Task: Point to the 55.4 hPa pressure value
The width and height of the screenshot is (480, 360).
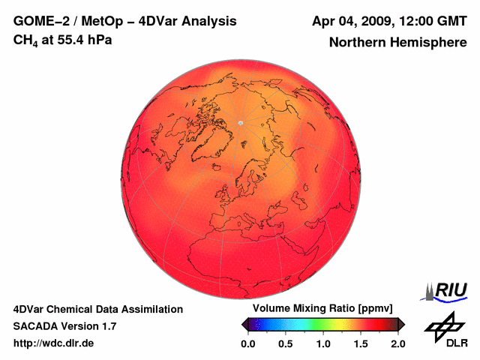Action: [83, 39]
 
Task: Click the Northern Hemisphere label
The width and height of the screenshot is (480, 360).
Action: [398, 43]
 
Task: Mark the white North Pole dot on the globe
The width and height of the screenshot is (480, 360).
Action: [240, 122]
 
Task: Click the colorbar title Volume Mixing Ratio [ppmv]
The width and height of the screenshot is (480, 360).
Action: [322, 309]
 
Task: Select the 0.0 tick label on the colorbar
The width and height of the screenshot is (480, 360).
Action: [248, 343]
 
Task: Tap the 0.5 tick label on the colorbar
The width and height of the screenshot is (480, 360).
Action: [286, 343]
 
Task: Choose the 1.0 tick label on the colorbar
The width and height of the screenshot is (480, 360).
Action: [323, 343]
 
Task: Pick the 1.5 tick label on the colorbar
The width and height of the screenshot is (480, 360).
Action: [360, 343]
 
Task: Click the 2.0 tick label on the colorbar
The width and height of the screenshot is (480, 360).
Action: [397, 343]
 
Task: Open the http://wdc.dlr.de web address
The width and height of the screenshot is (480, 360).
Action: [54, 343]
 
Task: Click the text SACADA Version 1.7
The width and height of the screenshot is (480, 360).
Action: [65, 326]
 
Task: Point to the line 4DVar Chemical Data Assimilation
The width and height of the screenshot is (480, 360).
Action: [97, 309]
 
